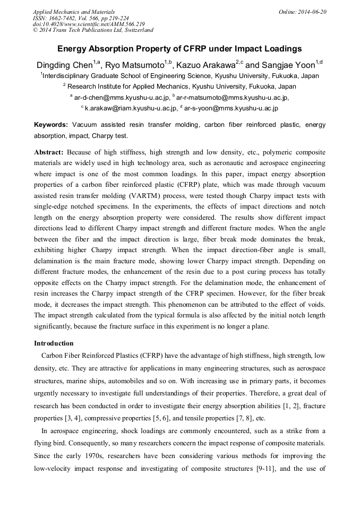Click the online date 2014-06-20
coord(313,12)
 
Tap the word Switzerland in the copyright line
coord(135,30)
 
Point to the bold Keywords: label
coord(51,125)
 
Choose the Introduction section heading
coord(54,343)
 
